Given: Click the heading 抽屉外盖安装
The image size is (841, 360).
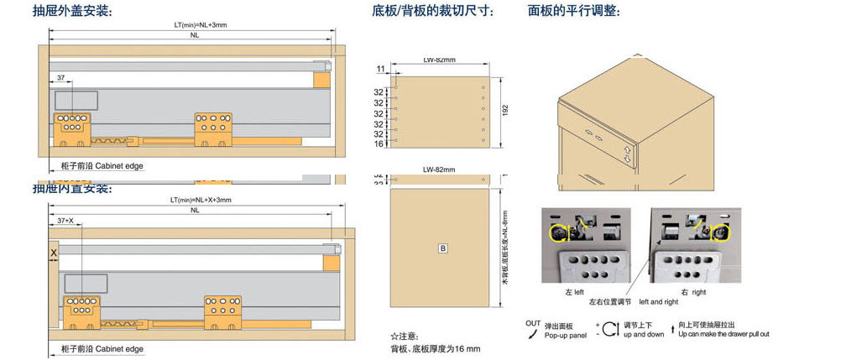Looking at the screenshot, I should pyautogui.click(x=72, y=11).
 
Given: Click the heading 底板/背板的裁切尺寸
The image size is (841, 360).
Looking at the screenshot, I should pyautogui.click(x=432, y=11).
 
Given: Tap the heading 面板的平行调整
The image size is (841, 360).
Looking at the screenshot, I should pyautogui.click(x=574, y=11).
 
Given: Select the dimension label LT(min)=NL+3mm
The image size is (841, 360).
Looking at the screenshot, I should pyautogui.click(x=200, y=25).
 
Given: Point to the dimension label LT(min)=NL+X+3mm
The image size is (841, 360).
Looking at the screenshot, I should pyautogui.click(x=200, y=201).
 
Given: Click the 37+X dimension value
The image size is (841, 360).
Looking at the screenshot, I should pyautogui.click(x=65, y=221).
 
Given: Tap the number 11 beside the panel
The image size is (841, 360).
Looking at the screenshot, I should pyautogui.click(x=379, y=69).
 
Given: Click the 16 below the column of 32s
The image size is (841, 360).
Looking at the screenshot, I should pyautogui.click(x=379, y=144).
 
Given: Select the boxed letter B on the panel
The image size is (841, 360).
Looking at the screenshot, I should pyautogui.click(x=442, y=248).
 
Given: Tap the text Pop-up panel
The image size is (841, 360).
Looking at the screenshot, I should pyautogui.click(x=565, y=335).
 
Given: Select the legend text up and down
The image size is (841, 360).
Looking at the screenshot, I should pyautogui.click(x=644, y=335).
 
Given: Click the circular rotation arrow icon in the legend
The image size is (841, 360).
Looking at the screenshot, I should pyautogui.click(x=609, y=328).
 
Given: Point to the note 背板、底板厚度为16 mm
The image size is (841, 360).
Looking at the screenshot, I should pyautogui.click(x=435, y=348).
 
